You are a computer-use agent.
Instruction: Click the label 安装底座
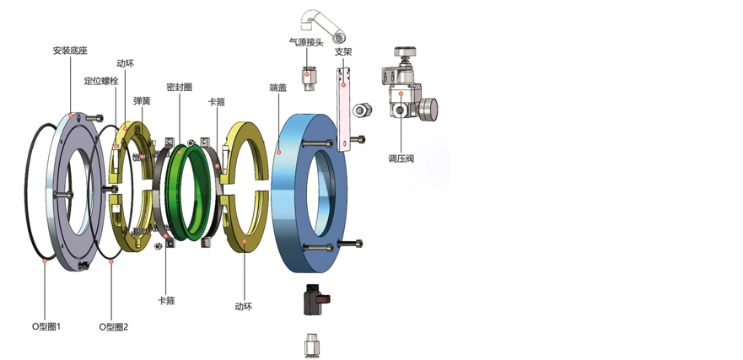click(x=70, y=51)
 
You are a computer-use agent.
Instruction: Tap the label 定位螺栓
click(x=101, y=81)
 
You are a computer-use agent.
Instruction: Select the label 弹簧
click(x=142, y=100)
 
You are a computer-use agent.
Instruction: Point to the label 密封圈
click(x=180, y=87)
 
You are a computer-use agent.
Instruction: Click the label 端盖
click(x=277, y=87)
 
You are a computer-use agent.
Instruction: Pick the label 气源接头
click(x=306, y=42)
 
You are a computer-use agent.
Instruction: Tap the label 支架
click(x=343, y=51)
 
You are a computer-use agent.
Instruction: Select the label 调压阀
click(x=401, y=159)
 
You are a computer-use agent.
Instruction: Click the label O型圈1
click(x=46, y=326)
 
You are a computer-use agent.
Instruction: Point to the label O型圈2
click(x=114, y=326)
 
